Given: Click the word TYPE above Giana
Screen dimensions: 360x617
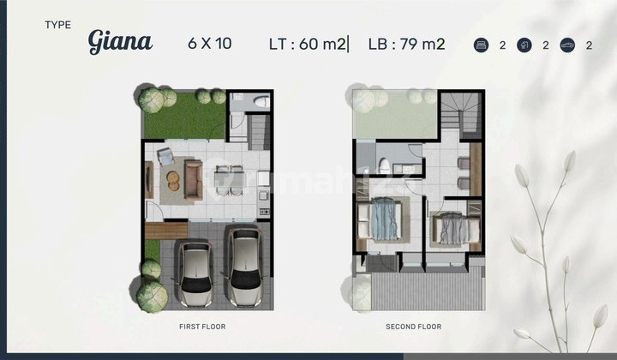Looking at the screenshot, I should pyautogui.click(x=59, y=25).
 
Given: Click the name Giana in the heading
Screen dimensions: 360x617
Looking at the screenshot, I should pyautogui.click(x=120, y=42).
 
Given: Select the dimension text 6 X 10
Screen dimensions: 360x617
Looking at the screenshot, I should pyautogui.click(x=210, y=44).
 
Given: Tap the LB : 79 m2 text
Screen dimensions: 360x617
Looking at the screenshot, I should pyautogui.click(x=406, y=44).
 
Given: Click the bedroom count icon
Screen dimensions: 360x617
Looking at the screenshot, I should pyautogui.click(x=482, y=45).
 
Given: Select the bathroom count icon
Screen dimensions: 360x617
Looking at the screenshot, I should pyautogui.click(x=524, y=45).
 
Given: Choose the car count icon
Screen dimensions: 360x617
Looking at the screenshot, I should pyautogui.click(x=566, y=45).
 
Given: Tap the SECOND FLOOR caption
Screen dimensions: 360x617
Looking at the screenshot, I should pyautogui.click(x=414, y=327).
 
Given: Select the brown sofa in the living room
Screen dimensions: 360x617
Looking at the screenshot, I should pyautogui.click(x=194, y=180).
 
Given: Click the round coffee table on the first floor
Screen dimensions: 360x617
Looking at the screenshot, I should pyautogui.click(x=173, y=181).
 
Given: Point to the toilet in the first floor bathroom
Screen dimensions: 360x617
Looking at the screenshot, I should pyautogui.click(x=261, y=102).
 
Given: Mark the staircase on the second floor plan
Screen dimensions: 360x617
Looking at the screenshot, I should pyautogui.click(x=463, y=116).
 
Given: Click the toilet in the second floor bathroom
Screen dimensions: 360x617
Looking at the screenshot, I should pyautogui.click(x=386, y=165).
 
